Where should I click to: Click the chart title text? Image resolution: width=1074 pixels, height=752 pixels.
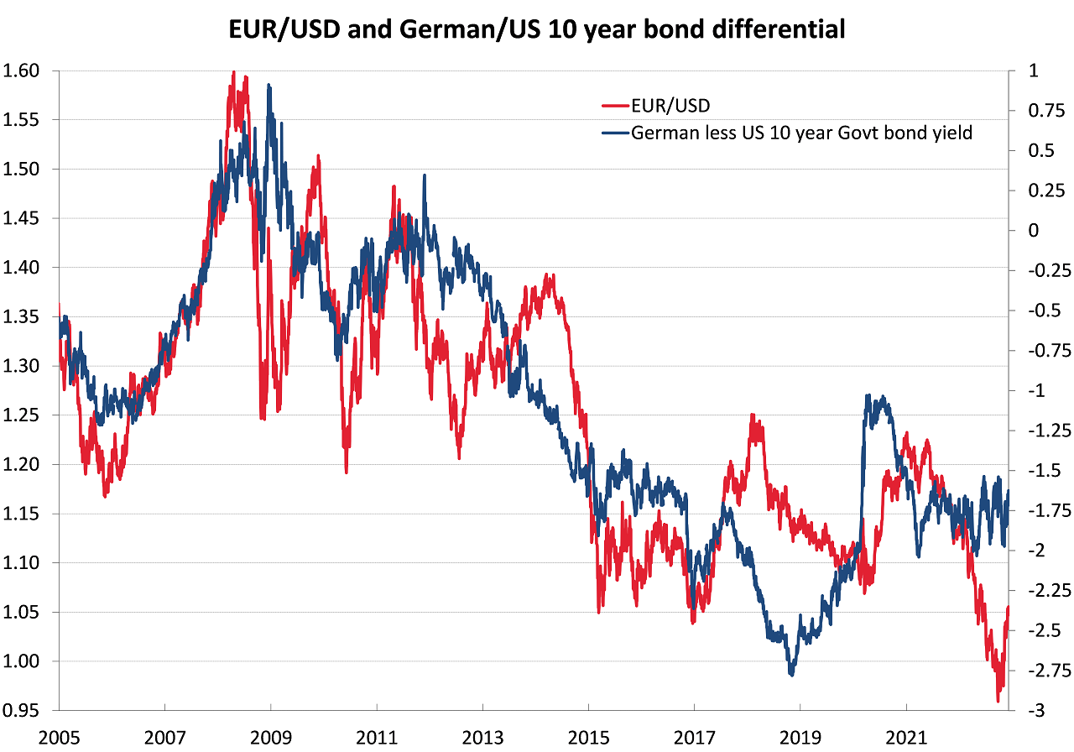click(x=537, y=31)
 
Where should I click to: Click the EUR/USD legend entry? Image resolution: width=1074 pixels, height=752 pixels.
click(x=669, y=106)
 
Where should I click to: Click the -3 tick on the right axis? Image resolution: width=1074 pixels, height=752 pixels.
click(x=1033, y=711)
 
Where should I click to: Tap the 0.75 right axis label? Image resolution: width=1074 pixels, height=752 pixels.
click(x=1040, y=112)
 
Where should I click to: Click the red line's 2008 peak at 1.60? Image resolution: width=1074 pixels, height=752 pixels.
click(x=232, y=72)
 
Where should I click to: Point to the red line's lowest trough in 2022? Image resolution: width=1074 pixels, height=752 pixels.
click(x=998, y=701)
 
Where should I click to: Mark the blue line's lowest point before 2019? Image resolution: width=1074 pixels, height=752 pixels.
click(x=790, y=675)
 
